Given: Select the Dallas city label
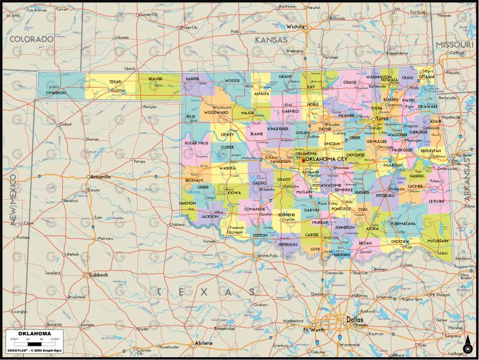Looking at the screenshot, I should (354, 319).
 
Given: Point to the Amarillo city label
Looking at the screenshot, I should (100, 177).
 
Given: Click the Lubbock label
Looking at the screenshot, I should (99, 274).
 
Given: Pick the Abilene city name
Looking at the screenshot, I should (203, 343).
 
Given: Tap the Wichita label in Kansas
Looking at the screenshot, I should (296, 27).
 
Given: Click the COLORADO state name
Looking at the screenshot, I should (31, 39).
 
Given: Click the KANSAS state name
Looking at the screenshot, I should (271, 40).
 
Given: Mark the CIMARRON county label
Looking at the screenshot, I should (57, 92).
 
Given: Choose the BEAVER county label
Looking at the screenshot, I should (156, 79).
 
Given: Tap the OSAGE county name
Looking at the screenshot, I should (349, 82).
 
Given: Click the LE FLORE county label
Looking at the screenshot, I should (437, 201).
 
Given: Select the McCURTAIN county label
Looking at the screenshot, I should (438, 240).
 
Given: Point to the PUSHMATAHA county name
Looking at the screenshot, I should (402, 223).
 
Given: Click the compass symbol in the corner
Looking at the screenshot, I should (467, 348).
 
